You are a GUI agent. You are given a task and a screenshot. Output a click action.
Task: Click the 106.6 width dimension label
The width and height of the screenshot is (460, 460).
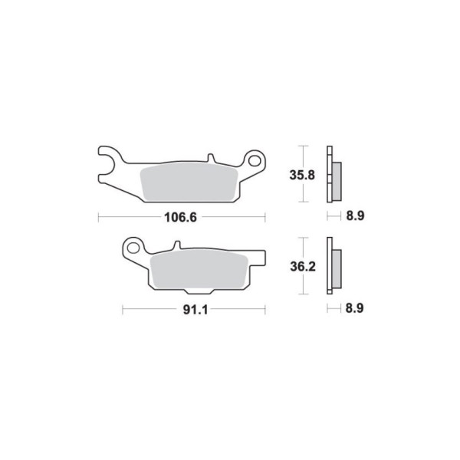[180, 218]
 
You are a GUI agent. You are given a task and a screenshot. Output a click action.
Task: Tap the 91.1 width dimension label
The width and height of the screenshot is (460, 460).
[195, 310]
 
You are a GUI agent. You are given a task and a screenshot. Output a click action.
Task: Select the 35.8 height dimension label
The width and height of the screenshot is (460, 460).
[302, 175]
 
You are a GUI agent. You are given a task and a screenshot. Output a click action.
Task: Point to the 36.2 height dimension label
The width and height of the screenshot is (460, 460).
[303, 267]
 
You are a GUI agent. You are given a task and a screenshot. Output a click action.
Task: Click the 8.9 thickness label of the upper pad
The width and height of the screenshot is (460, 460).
[355, 216]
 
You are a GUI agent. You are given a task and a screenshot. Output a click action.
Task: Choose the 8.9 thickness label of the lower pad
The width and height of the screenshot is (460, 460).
[354, 308]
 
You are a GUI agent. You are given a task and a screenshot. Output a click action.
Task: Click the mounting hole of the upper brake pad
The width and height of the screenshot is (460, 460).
[254, 161]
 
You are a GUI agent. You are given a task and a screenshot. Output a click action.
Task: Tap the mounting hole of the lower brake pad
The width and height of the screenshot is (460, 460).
[133, 248]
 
